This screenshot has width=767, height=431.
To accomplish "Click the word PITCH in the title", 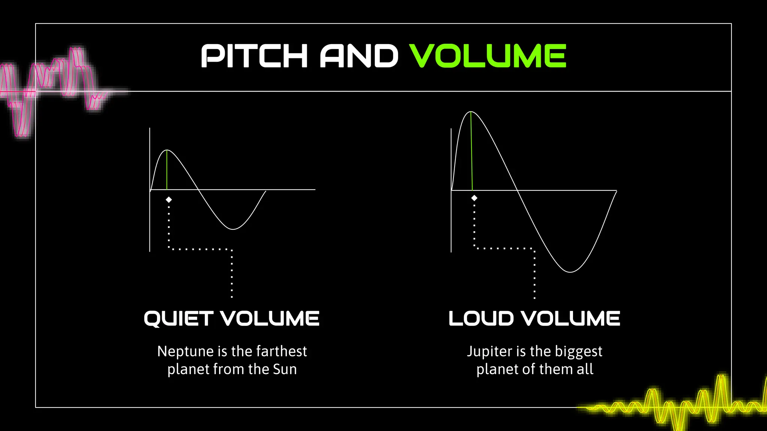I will [x=254, y=56].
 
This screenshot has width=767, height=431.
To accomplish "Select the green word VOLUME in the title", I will [x=487, y=56].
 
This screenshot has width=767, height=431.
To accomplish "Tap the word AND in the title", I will [x=358, y=56].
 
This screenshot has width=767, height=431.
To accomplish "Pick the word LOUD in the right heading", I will [x=481, y=319].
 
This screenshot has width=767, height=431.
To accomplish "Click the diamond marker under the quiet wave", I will [x=169, y=200].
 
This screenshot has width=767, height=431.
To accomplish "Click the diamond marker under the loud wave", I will [x=474, y=198].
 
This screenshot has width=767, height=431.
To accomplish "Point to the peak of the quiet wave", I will [x=167, y=150].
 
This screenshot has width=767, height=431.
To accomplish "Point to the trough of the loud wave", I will [x=570, y=272].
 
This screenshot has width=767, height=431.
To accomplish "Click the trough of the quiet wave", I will [x=233, y=229].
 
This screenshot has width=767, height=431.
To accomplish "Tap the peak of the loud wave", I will [x=471, y=111].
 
